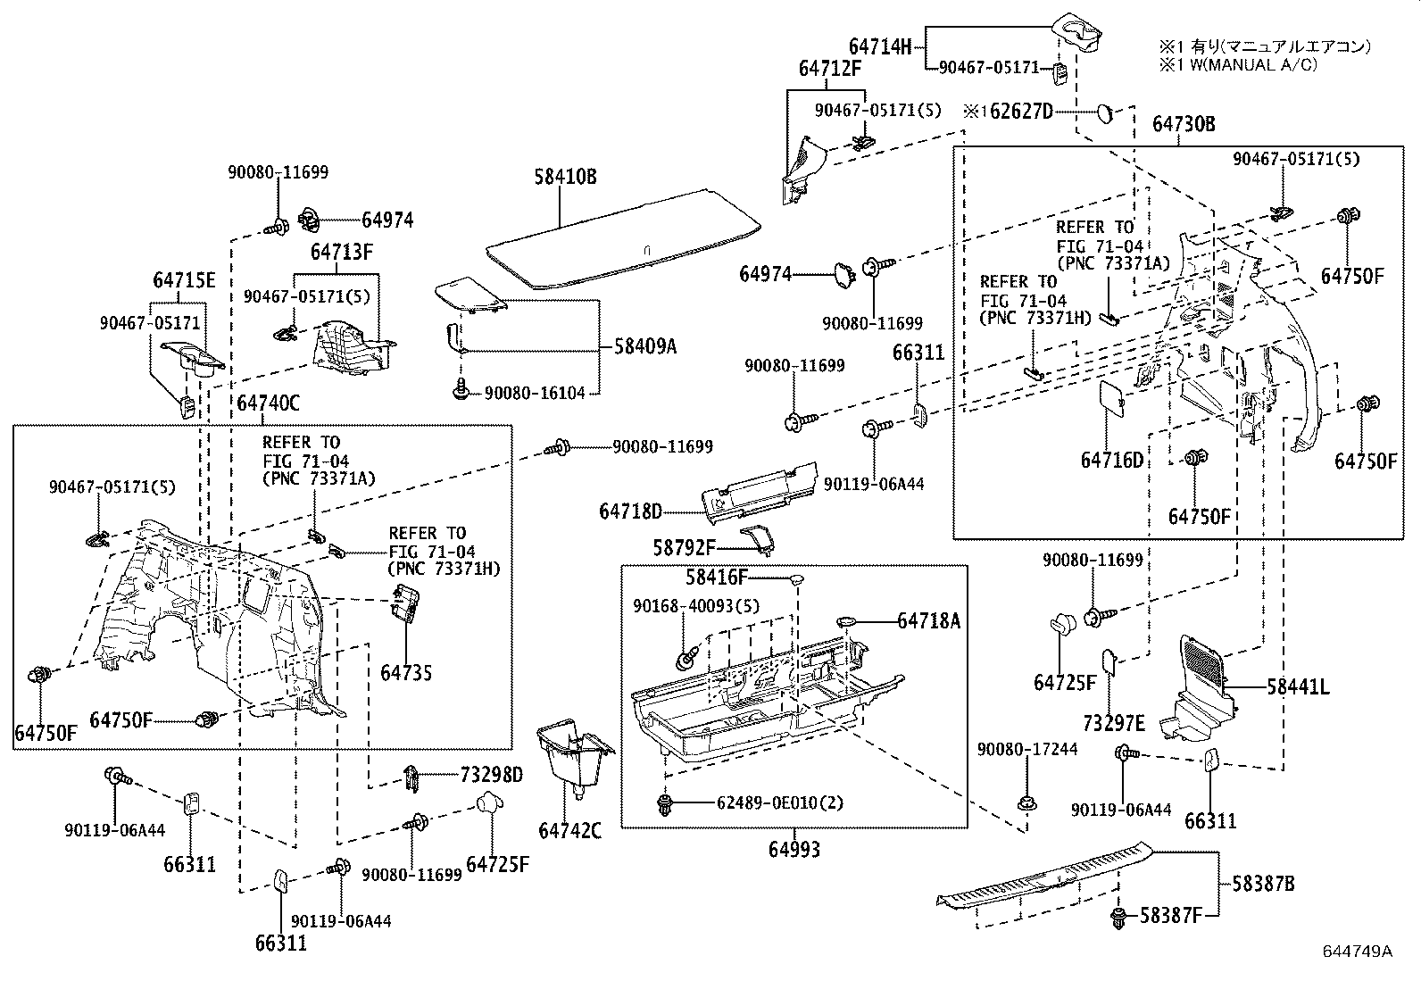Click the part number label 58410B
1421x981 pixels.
565,177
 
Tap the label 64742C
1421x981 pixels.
569,831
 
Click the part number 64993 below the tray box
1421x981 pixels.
794,849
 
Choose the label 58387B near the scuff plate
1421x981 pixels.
1263,884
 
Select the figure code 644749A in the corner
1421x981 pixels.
1357,952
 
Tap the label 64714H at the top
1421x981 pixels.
879,46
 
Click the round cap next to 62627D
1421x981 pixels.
1104,112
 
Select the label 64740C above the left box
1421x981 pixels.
268,403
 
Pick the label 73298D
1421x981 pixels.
491,774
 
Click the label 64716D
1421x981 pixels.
1111,460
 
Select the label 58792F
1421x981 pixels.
685,547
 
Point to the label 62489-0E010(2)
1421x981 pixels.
779,802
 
